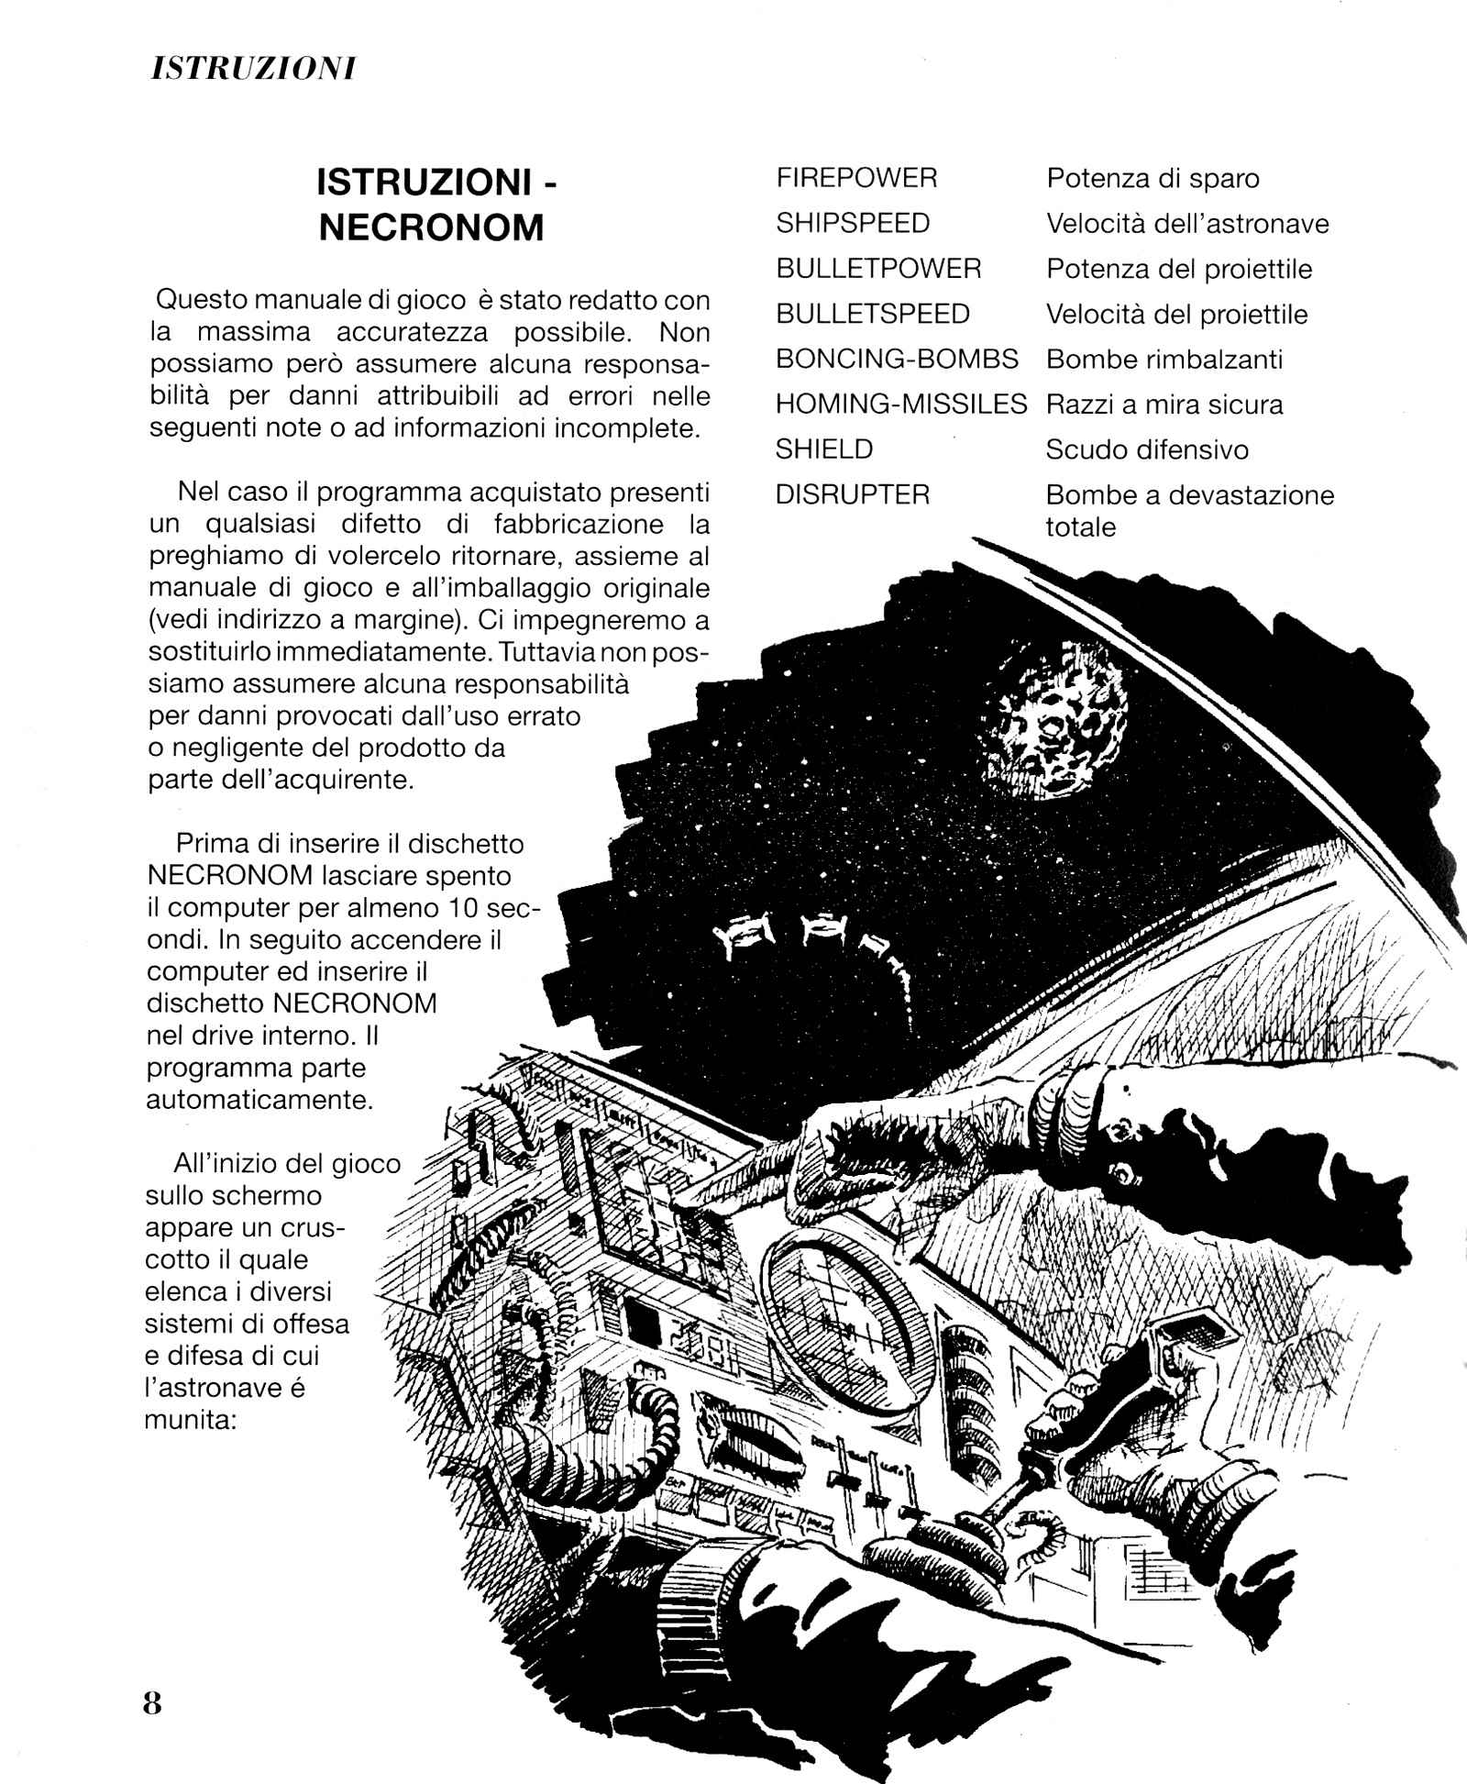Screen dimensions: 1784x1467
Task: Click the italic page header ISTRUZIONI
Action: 252,69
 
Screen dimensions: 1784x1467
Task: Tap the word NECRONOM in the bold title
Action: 431,227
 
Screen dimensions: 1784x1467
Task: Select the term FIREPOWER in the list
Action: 856,178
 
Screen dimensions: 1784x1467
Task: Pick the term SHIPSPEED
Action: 853,223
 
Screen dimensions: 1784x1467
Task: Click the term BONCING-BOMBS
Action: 897,359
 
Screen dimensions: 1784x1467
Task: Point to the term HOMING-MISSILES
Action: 901,404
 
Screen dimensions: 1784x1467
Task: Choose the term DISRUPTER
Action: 853,494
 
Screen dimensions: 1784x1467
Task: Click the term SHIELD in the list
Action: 824,449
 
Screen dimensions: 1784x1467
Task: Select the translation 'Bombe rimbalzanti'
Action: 1164,359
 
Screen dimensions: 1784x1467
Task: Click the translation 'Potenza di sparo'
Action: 1153,178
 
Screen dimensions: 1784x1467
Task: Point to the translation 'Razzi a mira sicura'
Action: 1164,404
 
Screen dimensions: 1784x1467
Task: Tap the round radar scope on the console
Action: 833,1302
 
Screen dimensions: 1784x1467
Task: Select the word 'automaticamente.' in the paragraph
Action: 260,1100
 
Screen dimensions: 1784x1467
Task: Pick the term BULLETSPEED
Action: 873,314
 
